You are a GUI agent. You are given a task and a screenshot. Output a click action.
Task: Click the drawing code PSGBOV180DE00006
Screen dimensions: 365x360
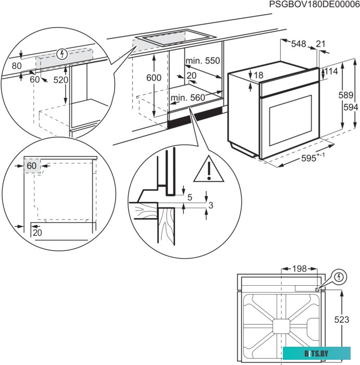pos(314,5)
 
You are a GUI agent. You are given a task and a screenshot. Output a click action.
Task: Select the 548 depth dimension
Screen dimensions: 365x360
pos(299,44)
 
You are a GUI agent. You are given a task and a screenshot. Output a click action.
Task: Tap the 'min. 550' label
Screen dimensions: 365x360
pos(203,61)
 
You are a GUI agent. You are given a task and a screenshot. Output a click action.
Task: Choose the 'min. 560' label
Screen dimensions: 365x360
pos(188,98)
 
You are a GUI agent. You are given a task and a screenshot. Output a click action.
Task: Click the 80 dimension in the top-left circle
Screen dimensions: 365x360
pos(17,66)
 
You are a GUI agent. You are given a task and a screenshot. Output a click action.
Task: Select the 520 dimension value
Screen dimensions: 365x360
pos(61,80)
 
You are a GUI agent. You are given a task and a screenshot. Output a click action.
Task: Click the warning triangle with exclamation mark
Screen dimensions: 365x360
pos(208,169)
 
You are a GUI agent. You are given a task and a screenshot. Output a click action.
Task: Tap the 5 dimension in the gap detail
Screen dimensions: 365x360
pos(190,197)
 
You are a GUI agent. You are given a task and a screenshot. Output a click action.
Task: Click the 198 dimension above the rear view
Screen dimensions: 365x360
pos(299,269)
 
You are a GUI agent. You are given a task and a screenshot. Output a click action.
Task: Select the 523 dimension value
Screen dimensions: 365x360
pos(342,320)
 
